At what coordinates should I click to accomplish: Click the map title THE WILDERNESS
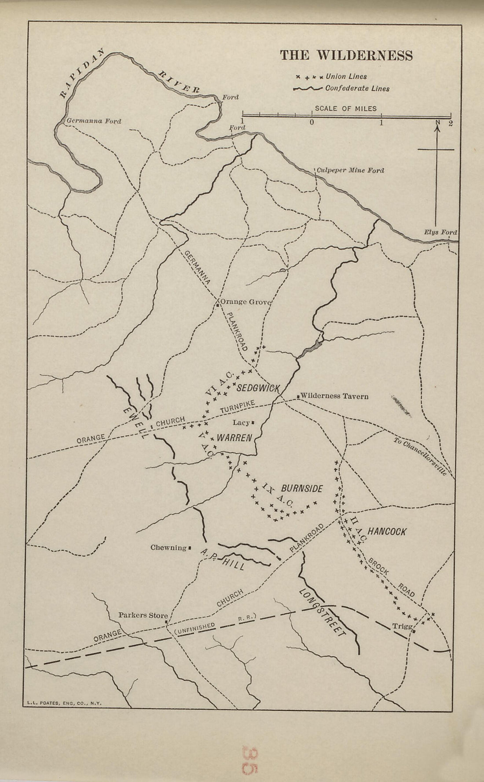[x=346, y=55]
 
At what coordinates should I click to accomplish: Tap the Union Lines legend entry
[x=346, y=77]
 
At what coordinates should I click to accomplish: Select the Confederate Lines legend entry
[x=357, y=88]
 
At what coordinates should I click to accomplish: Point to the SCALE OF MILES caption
[x=345, y=108]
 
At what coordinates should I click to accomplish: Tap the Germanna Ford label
[x=93, y=121]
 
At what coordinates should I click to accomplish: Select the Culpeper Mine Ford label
[x=350, y=170]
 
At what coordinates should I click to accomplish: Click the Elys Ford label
[x=440, y=232]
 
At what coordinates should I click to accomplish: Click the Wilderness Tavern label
[x=334, y=396]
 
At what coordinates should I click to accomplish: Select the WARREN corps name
[x=233, y=438]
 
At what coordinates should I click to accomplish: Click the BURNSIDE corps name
[x=302, y=488]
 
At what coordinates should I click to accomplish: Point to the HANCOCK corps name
[x=387, y=532]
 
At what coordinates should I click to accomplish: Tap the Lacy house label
[x=242, y=422]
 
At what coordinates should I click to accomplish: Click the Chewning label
[x=169, y=547]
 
